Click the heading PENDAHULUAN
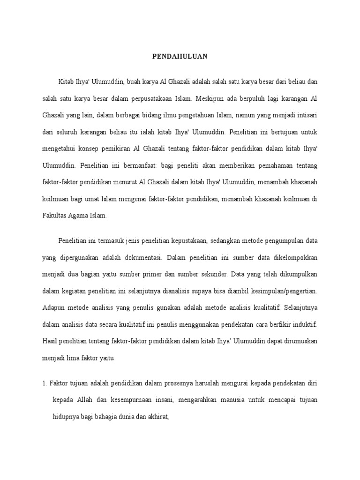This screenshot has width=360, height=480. click(180, 57)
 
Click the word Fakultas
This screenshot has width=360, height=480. click(53, 215)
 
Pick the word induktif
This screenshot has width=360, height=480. click(305, 324)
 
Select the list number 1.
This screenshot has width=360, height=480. click(44, 383)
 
